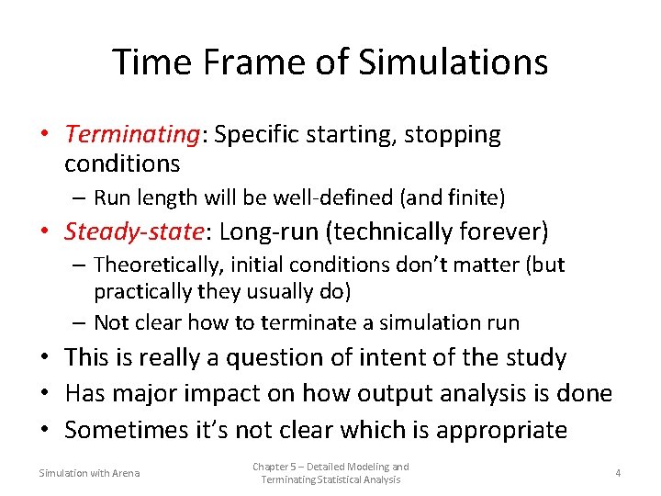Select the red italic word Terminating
point(132,135)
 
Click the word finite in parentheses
point(476,197)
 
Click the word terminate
point(305,322)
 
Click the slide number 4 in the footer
point(618,473)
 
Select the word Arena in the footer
point(125,473)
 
